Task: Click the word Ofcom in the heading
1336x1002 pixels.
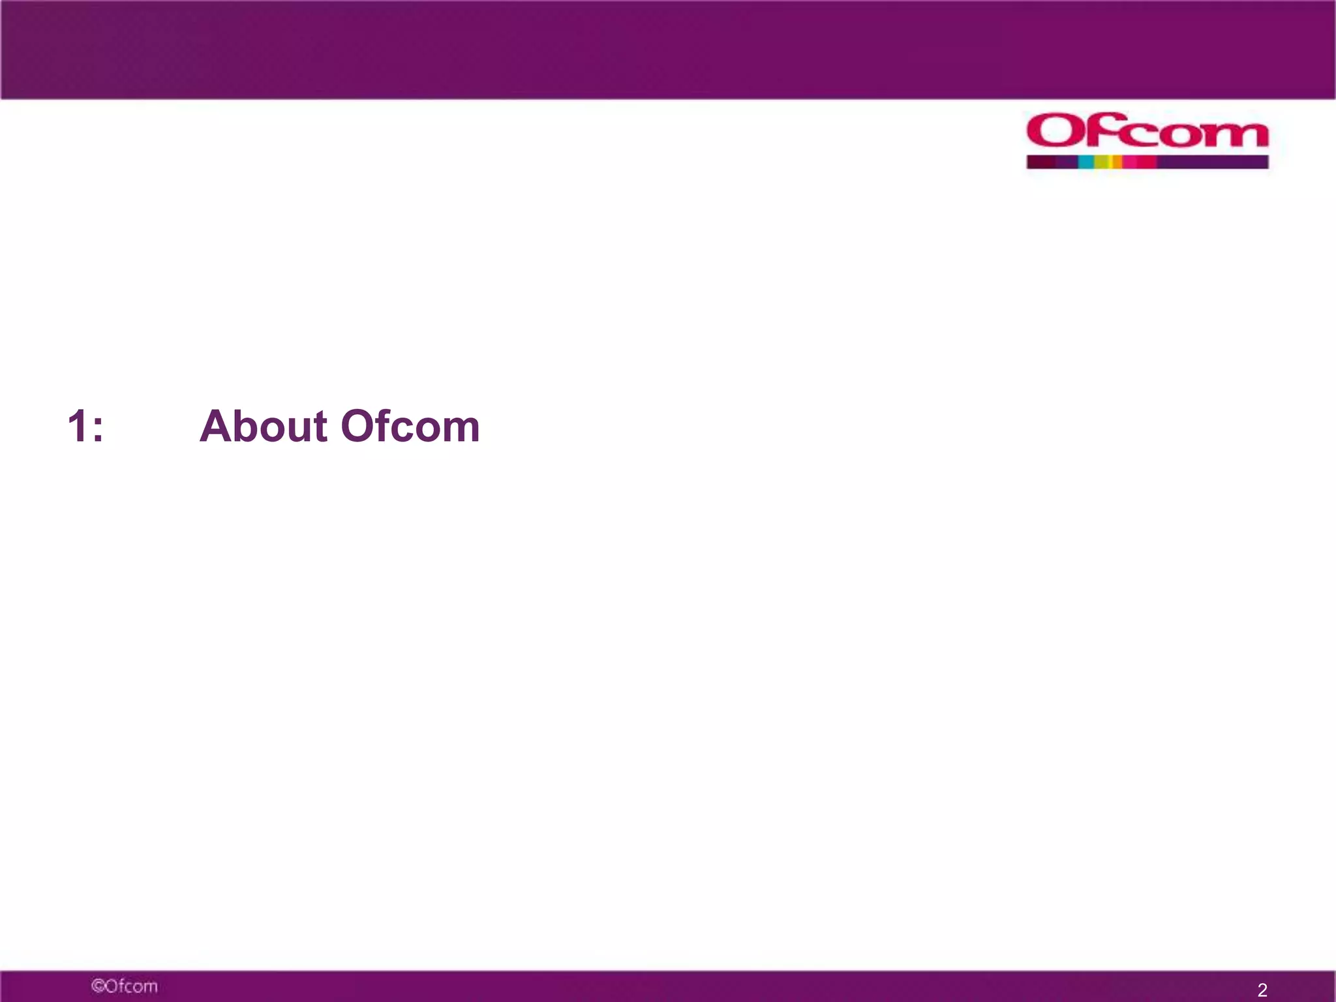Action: coord(410,427)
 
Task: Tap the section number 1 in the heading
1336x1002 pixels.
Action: coord(77,427)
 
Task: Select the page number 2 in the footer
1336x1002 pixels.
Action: coord(1262,990)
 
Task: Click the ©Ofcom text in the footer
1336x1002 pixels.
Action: coord(125,986)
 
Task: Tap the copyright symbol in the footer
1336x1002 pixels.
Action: coord(97,986)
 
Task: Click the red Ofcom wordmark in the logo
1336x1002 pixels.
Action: coord(1147,131)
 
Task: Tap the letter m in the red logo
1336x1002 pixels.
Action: coord(1239,134)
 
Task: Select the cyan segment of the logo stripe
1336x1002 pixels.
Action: coord(1086,162)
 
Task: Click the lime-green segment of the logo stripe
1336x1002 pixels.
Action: coord(1102,162)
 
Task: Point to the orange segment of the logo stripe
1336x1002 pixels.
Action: coord(1117,162)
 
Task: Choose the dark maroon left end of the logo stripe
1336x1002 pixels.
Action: coord(1041,162)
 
